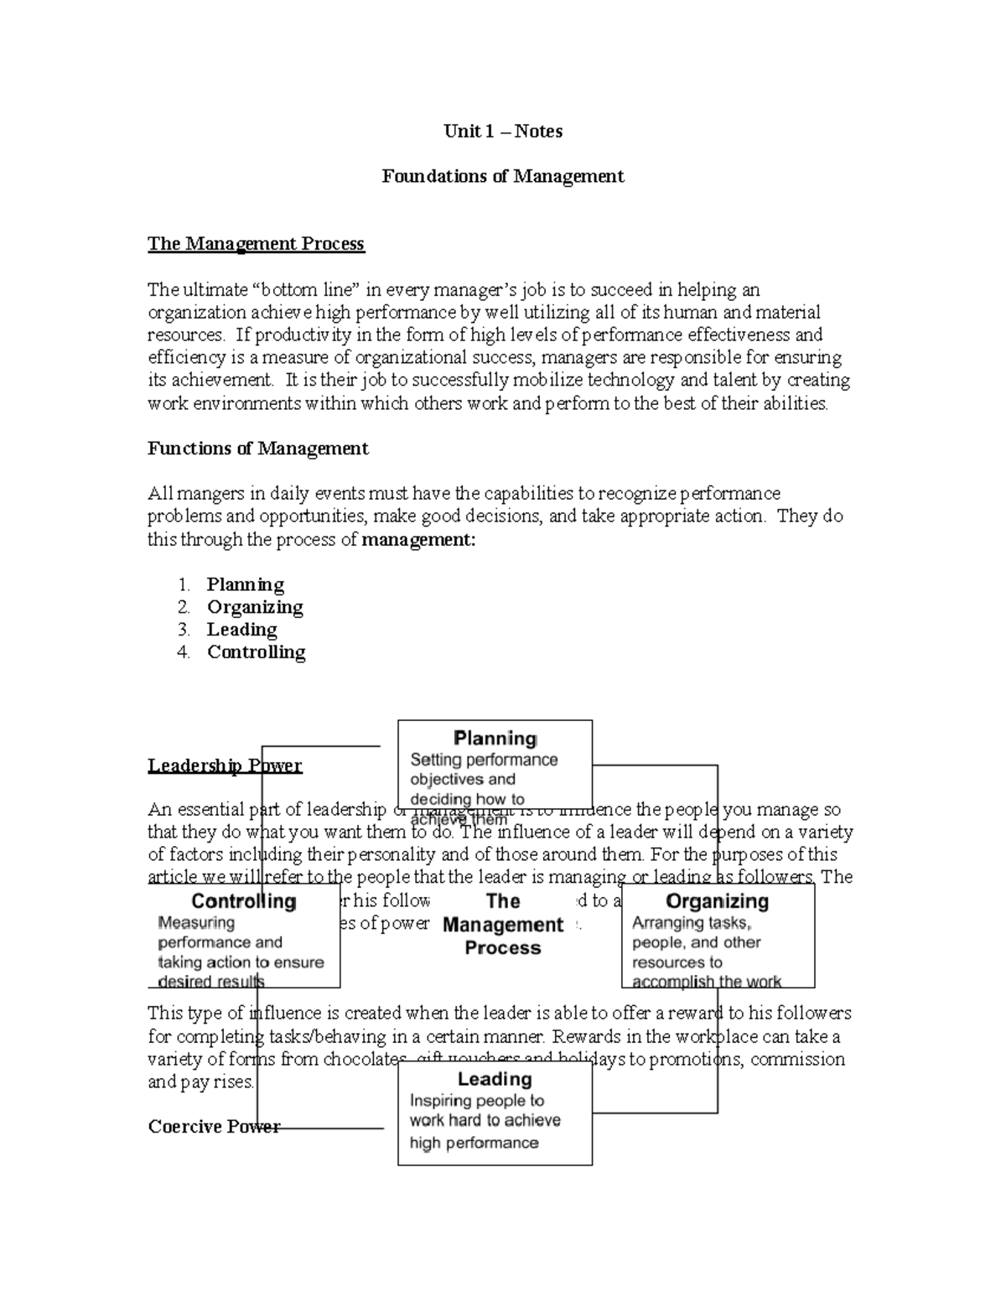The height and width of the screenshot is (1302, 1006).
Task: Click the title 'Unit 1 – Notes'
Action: (503, 131)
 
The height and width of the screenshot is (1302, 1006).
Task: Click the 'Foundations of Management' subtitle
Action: (503, 176)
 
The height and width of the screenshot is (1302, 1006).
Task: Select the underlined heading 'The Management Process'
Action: (256, 244)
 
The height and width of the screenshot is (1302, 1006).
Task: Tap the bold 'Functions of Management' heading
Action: (257, 449)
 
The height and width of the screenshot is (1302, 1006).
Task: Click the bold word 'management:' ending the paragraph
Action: (418, 539)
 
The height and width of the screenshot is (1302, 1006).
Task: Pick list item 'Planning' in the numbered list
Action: (245, 584)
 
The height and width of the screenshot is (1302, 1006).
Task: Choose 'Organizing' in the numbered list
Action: (255, 607)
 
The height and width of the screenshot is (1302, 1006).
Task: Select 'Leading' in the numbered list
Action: (241, 630)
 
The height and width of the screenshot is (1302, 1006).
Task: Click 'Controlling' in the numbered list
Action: (256, 652)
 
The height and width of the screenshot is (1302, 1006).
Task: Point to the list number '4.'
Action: (184, 652)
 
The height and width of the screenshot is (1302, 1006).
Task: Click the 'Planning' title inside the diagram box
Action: (495, 739)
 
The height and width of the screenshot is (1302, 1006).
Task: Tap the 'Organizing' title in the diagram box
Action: (717, 901)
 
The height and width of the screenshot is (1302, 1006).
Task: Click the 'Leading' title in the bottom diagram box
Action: (495, 1079)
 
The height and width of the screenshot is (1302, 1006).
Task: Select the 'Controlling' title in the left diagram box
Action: (244, 901)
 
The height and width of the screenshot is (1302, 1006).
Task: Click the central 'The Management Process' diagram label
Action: (503, 925)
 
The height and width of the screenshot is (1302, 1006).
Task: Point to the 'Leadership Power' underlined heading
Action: (225, 765)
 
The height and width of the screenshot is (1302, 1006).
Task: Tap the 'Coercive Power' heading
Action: (214, 1127)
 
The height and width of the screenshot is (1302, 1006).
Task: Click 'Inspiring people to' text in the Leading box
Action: (476, 1101)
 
